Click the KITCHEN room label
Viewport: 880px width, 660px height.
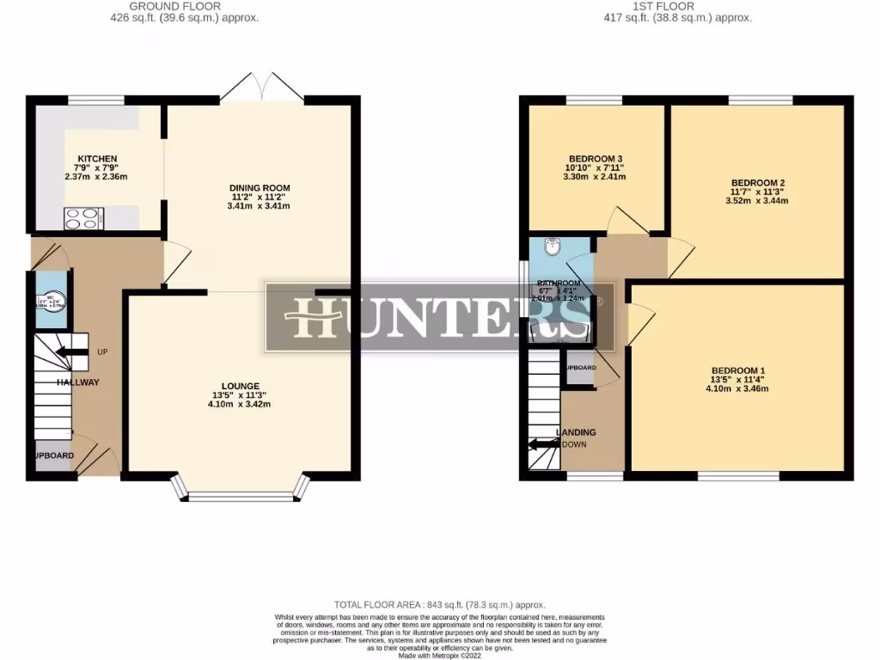97,159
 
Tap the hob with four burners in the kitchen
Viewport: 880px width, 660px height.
83,219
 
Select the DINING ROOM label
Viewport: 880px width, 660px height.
259,188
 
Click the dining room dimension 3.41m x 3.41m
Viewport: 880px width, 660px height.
259,206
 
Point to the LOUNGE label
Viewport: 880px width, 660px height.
240,386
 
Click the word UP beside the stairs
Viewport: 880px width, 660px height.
102,352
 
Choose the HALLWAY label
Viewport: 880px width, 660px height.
78,382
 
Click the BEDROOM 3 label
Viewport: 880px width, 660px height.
595,159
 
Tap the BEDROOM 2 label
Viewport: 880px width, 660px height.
758,183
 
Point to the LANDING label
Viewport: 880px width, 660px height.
577,432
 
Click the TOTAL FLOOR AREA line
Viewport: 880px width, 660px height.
439,605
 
